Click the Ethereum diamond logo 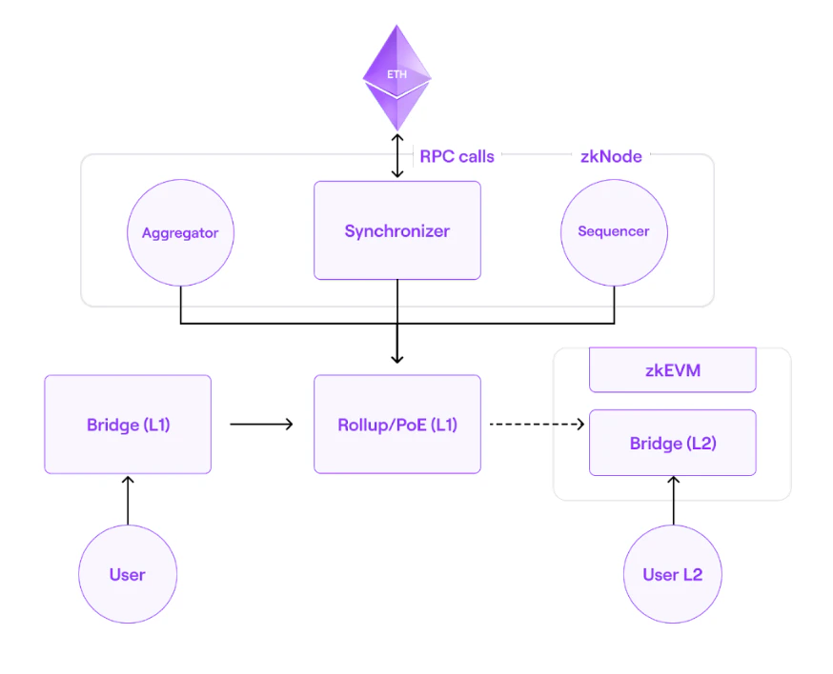[397, 81]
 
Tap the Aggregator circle [180, 232]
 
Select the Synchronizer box [397, 230]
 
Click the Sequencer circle [614, 231]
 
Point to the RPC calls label [457, 156]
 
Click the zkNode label [611, 156]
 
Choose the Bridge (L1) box [128, 425]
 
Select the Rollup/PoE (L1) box [397, 425]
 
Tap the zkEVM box [672, 370]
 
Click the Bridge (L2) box [672, 443]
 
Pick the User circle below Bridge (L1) [128, 574]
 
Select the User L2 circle [672, 574]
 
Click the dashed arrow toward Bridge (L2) [536, 425]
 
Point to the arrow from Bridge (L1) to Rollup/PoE [261, 425]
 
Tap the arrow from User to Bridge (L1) [128, 501]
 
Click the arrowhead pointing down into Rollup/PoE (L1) [397, 357]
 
